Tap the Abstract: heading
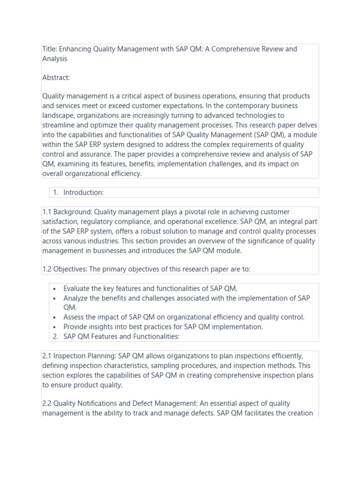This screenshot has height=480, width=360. (56, 77)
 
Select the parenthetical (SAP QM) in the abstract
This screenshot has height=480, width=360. (263, 135)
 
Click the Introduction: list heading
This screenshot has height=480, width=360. (83, 193)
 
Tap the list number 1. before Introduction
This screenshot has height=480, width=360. (55, 193)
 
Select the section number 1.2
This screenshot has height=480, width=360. (47, 270)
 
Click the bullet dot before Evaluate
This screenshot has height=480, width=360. (55, 289)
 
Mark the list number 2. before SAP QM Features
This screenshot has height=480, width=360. (55, 337)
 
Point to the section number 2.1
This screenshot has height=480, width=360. (47, 356)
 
